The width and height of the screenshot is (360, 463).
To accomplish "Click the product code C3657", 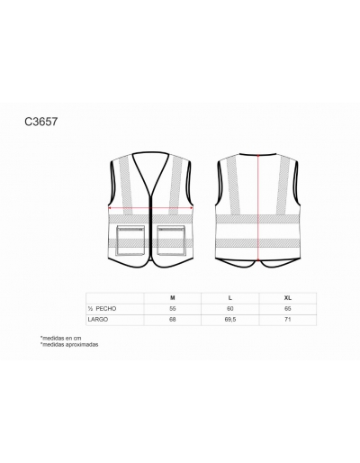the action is pyautogui.click(x=40, y=122).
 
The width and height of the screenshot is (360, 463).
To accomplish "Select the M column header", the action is pyautogui.click(x=173, y=298).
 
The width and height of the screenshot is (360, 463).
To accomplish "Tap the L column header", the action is pyautogui.click(x=230, y=298).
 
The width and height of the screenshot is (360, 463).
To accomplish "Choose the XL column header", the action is pyautogui.click(x=288, y=298).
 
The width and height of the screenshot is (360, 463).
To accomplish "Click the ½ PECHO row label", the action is pyautogui.click(x=102, y=309).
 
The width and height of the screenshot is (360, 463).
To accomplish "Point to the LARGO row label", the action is pyautogui.click(x=98, y=320).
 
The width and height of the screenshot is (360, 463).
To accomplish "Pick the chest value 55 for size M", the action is pyautogui.click(x=173, y=309).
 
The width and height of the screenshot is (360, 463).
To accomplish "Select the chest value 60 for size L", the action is pyautogui.click(x=230, y=309).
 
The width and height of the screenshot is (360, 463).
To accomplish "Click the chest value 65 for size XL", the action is pyautogui.click(x=288, y=309).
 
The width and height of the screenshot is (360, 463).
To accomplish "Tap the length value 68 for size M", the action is pyautogui.click(x=173, y=320).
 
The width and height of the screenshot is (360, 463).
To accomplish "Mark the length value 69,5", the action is pyautogui.click(x=230, y=320).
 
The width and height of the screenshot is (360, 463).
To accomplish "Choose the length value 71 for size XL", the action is pyautogui.click(x=288, y=320).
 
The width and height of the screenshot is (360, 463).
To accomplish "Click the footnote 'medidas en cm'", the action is pyautogui.click(x=60, y=338).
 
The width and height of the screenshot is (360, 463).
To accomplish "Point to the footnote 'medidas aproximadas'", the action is pyautogui.click(x=69, y=345).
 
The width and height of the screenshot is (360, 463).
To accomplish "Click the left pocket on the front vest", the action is pyautogui.click(x=130, y=241).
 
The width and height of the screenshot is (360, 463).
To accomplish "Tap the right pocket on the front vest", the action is pyautogui.click(x=171, y=241).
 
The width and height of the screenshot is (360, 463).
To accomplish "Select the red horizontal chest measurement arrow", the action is pyautogui.click(x=150, y=207).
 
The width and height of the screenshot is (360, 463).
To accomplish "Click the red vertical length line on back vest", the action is pyautogui.click(x=258, y=207).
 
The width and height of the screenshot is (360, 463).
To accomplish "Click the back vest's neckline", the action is pyautogui.click(x=257, y=154).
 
